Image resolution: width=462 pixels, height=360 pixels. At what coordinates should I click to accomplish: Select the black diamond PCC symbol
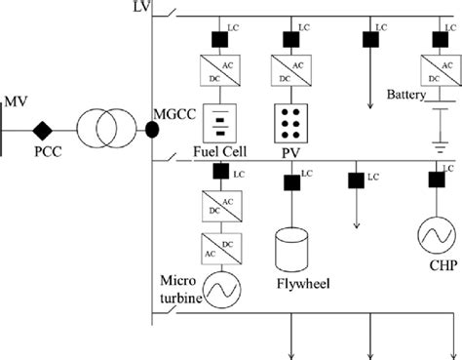(x=42, y=130)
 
